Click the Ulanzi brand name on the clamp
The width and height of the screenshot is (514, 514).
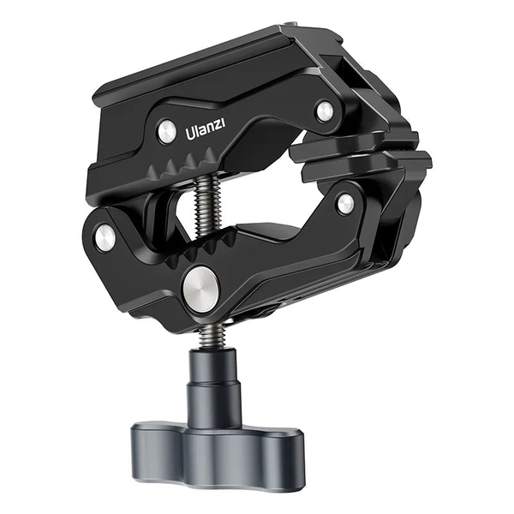pyautogui.click(x=206, y=133)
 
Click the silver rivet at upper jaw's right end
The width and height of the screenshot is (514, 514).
pyautogui.click(x=324, y=111)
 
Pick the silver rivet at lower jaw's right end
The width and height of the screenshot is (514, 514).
pyautogui.click(x=345, y=204)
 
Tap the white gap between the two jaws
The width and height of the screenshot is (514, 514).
pyautogui.click(x=257, y=193)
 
